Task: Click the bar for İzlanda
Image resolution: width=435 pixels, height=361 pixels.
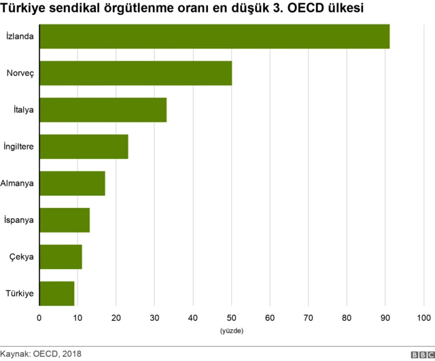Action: (214, 36)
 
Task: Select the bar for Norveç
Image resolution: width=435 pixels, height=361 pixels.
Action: (135, 73)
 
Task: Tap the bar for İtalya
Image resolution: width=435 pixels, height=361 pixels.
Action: (103, 109)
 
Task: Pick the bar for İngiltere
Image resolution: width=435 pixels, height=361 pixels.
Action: (84, 146)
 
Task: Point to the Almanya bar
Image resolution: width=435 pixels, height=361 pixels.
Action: (72, 183)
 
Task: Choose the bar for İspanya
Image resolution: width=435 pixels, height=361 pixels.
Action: (65, 220)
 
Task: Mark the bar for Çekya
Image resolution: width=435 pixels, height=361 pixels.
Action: (60, 257)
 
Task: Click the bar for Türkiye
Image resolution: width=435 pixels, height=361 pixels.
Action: (56, 294)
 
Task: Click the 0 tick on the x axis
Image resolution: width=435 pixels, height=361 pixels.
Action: (39, 317)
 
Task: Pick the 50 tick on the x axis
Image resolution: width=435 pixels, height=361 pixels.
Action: (232, 317)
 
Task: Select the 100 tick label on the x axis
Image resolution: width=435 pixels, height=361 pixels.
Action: (424, 317)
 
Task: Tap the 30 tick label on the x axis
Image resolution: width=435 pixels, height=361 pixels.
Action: (154, 317)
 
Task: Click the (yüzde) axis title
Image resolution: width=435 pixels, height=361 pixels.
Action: (232, 331)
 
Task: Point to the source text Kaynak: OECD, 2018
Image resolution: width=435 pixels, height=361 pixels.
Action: (41, 354)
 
